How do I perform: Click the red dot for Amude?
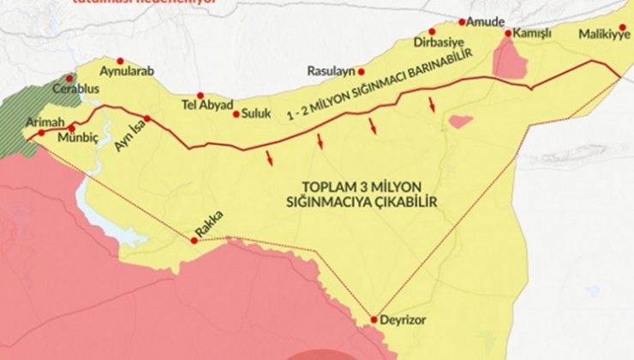click(463, 21)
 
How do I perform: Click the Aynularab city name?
click(127, 72)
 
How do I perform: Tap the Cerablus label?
click(76, 88)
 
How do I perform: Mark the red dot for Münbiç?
click(71, 128)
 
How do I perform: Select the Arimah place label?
click(45, 122)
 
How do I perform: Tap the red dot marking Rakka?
click(194, 240)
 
